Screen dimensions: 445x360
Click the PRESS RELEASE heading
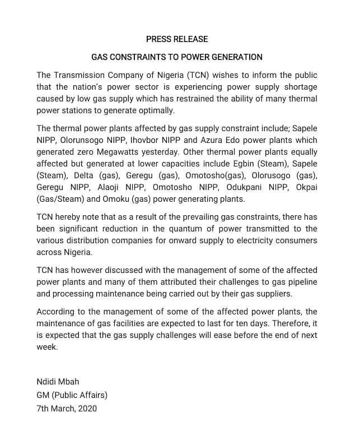click(177, 39)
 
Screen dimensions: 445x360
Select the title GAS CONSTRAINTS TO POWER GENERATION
click(177, 57)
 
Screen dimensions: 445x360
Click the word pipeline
click(301, 282)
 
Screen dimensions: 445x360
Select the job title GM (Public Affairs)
click(72, 395)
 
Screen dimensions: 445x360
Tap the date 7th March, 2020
click(67, 409)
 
